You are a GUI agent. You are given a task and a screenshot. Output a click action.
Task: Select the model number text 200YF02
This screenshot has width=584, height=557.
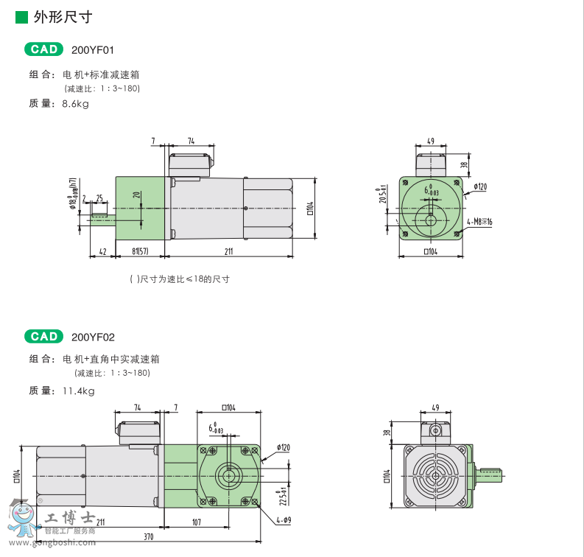coord(94,337)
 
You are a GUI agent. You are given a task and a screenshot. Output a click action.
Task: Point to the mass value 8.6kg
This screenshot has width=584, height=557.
coord(75,104)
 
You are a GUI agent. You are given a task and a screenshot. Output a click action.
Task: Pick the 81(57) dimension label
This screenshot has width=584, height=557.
coord(141,251)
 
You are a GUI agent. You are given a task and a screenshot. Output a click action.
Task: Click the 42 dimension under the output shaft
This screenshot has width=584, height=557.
coord(102,251)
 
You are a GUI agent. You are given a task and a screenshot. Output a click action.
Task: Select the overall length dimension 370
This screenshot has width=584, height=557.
coord(149,537)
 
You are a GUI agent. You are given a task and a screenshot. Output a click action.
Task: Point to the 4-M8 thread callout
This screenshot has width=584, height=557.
coord(479,221)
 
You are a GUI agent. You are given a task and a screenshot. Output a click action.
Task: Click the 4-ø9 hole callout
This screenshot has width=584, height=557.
coord(284,521)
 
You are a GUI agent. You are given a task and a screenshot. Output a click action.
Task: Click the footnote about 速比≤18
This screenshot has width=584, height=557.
coord(180,279)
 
